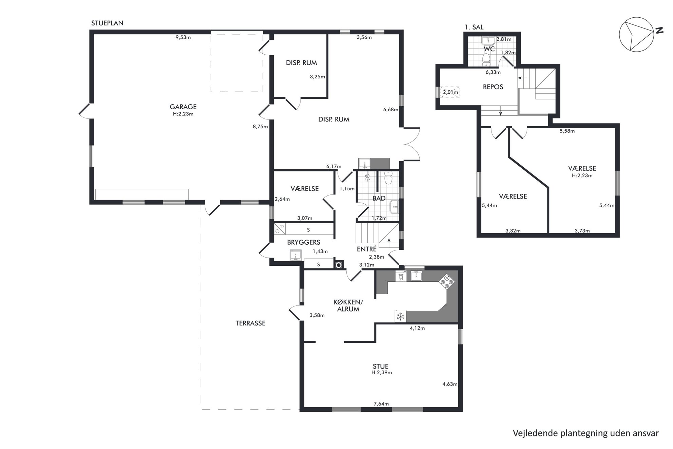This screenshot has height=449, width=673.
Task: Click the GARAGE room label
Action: coord(183,107)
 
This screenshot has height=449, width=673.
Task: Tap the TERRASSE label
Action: coord(250,323)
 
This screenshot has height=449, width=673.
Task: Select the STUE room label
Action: coord(381,367)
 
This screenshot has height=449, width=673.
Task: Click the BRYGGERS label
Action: coord(304,242)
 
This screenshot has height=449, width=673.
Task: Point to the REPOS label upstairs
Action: coord(493,87)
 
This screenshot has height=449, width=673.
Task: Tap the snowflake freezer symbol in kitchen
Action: coord(401,317)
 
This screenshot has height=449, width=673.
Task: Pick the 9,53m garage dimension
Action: coord(183,37)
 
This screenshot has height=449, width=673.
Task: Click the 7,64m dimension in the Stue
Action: coord(381,404)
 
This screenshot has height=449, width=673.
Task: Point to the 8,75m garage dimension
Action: coord(260,127)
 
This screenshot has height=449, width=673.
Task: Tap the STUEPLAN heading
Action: coord(107,23)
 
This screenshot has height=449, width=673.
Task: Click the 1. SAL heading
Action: coord(474,27)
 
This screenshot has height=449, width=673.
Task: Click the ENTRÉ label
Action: coord(367,249)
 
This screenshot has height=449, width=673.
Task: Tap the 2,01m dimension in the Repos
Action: coord(450,92)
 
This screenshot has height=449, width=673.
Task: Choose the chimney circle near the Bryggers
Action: coord(339,265)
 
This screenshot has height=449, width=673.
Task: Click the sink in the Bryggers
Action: coord(296,255)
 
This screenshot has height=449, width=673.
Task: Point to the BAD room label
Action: coord(379,199)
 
